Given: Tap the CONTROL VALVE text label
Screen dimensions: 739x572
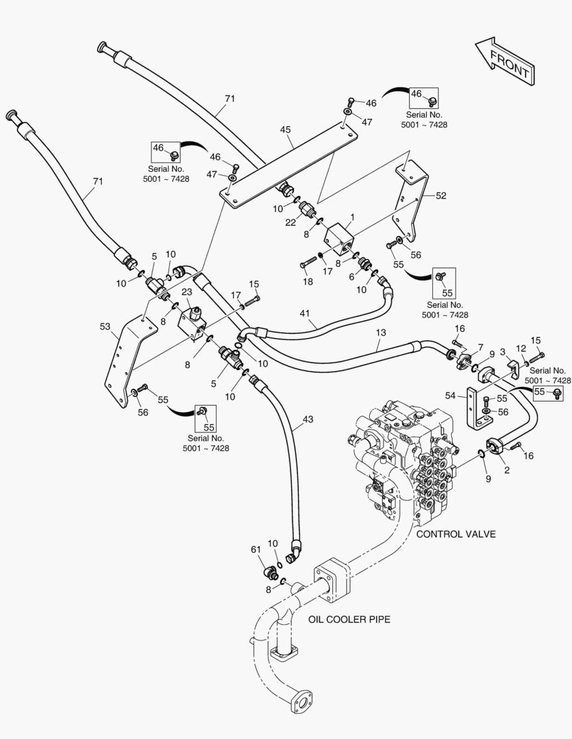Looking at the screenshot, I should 456,534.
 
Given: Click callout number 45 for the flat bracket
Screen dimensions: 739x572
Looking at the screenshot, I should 286,129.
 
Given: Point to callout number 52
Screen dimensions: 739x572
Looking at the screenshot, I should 440,196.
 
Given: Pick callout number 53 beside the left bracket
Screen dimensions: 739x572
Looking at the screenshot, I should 105,327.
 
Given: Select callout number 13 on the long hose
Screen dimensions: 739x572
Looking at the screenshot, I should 380,332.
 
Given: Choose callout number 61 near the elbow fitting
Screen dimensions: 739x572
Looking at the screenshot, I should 255,549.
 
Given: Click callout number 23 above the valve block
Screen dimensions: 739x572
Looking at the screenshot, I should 186,291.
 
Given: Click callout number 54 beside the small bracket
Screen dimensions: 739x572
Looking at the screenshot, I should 450,396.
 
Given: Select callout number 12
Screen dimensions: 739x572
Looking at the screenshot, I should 521,349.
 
